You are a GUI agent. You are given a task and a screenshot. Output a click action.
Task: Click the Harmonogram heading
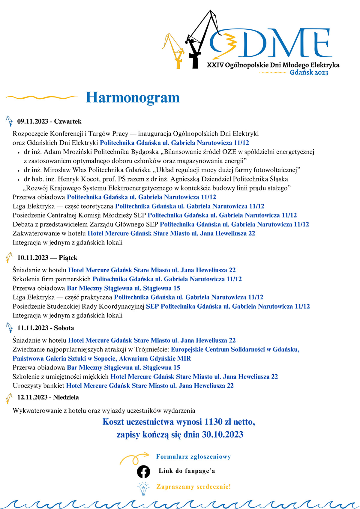tap(133, 97)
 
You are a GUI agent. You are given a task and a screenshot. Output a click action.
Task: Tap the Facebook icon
tap(143, 471)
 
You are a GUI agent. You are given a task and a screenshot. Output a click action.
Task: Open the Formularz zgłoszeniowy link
tap(193, 457)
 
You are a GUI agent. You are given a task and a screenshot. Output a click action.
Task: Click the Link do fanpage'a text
tap(187, 471)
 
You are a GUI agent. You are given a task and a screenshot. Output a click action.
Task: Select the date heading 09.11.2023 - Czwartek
tap(49, 121)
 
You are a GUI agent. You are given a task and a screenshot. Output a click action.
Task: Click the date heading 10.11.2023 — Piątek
tap(47, 258)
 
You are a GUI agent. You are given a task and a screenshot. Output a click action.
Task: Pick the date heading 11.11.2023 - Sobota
tap(45, 328)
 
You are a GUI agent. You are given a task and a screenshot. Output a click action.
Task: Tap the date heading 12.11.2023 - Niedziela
tap(48, 397)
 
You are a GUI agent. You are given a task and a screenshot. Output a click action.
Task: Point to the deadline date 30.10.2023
tap(222, 434)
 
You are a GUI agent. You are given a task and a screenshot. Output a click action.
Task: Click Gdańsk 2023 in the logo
tap(309, 73)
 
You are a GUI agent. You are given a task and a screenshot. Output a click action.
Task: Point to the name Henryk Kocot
tap(75, 179)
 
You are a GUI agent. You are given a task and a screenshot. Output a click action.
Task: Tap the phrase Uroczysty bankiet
tap(38, 386)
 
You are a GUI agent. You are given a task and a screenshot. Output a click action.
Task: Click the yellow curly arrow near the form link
tap(134, 458)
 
